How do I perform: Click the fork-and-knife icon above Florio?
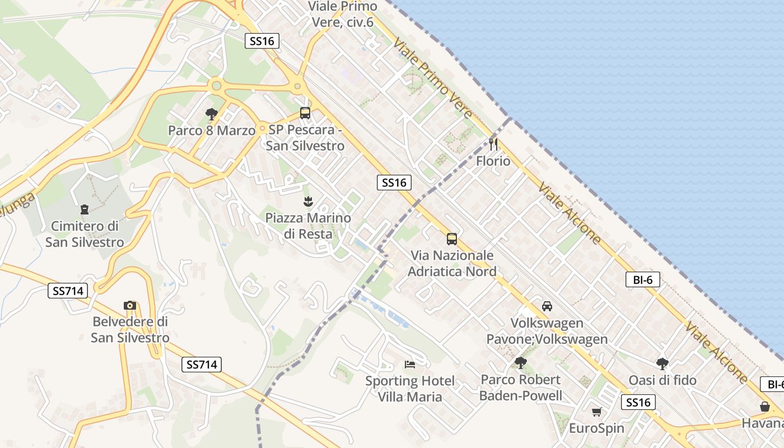coord(493,144)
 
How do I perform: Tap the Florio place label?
coord(493,161)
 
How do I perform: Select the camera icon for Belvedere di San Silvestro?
coord(130,305)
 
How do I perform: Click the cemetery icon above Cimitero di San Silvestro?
coord(85,209)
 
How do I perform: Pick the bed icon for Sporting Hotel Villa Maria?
coord(410,365)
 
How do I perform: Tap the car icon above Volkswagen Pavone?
coord(547,306)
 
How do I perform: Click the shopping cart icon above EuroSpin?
coord(596,412)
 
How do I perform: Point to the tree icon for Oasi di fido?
coord(662,363)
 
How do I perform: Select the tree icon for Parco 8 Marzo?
coord(211,114)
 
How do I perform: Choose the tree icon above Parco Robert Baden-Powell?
coord(521,363)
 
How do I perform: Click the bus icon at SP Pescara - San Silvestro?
coord(305,113)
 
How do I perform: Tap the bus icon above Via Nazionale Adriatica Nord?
coord(452,239)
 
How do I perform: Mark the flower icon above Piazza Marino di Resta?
coord(308,201)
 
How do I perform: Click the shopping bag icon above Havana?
coord(765,407)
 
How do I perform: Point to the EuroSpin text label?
coord(596,428)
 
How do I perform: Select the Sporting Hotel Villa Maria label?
coord(410,389)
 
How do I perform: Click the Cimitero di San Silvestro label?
coord(85,234)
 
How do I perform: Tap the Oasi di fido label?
coord(662,380)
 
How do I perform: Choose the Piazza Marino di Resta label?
coord(308,226)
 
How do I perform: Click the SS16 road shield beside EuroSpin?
coord(638,402)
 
